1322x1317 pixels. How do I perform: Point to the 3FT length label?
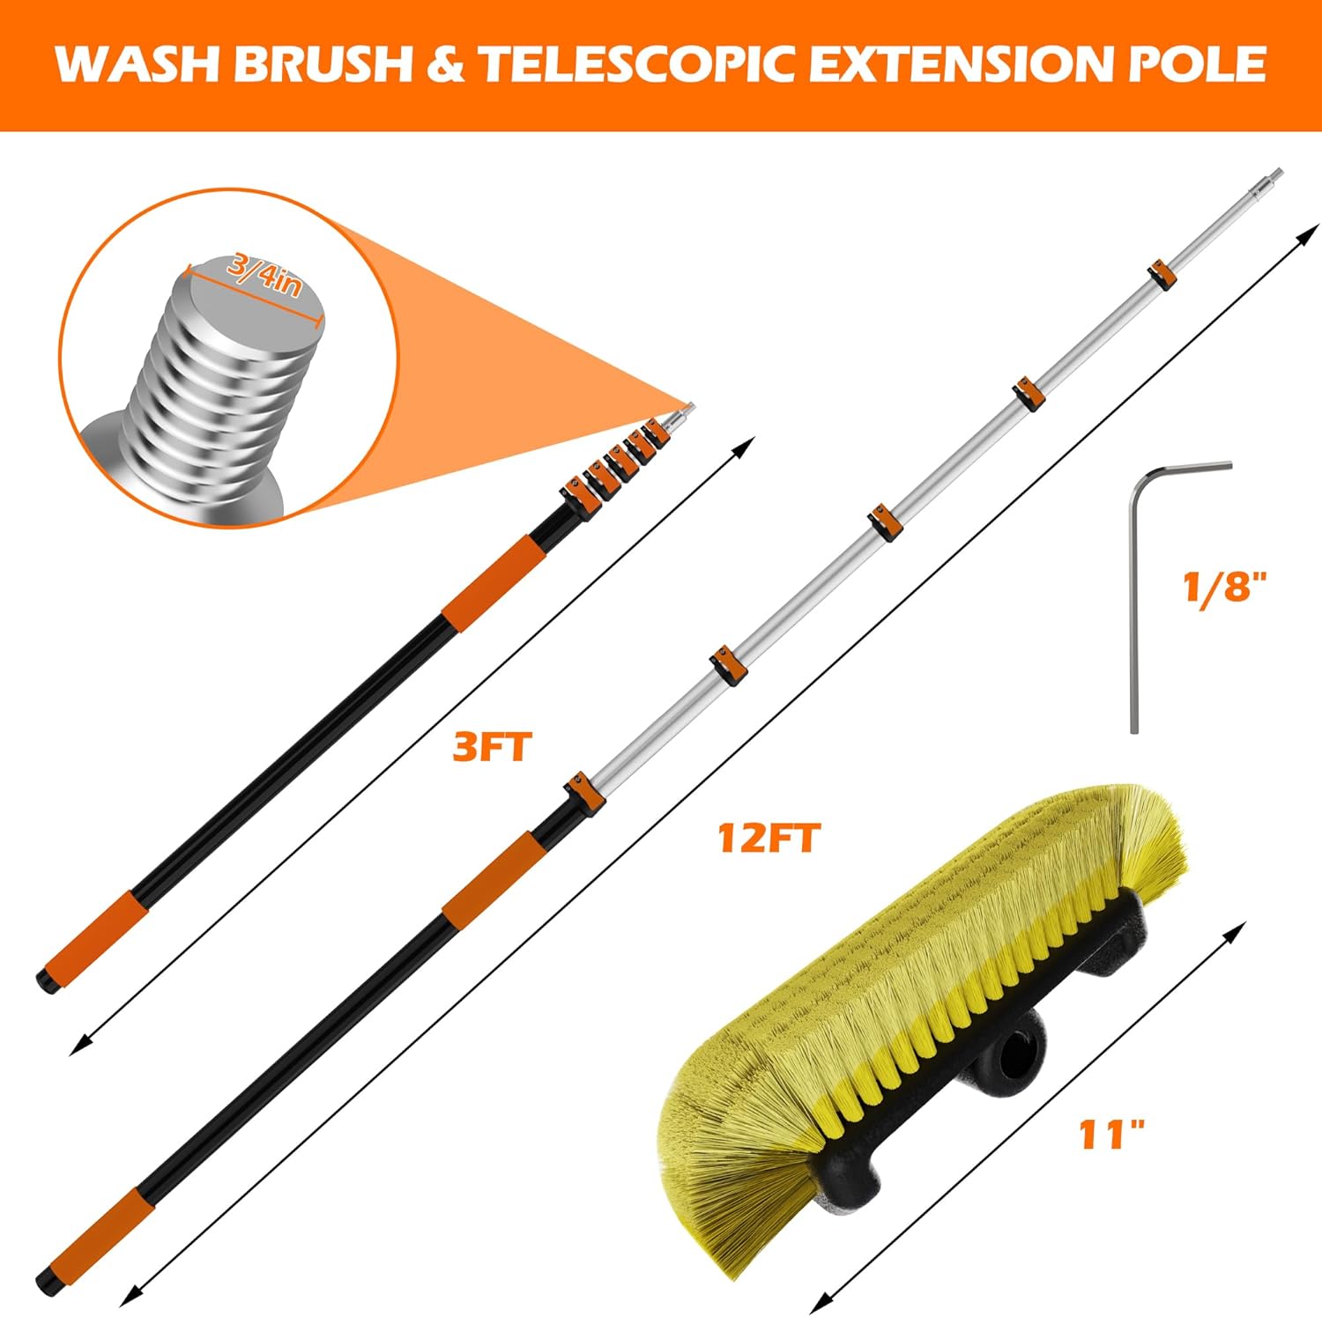(x=493, y=747)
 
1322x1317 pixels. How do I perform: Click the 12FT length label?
(x=769, y=837)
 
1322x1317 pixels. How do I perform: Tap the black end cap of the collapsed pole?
(x=44, y=980)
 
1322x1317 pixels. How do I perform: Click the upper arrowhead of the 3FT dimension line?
(x=747, y=445)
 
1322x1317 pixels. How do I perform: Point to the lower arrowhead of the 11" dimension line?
(x=821, y=1304)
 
